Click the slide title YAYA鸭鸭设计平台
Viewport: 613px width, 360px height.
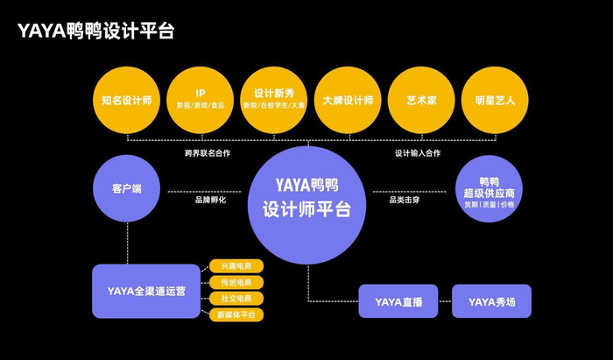pos(96,32)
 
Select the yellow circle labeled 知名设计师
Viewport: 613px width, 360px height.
pos(127,100)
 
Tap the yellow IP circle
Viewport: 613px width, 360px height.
pos(201,100)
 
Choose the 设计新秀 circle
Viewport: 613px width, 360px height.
pos(274,100)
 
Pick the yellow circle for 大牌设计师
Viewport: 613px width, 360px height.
pos(348,100)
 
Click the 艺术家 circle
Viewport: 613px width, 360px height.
pos(421,100)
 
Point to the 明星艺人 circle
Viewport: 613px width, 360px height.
pos(495,100)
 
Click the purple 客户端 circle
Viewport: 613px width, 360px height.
pos(127,189)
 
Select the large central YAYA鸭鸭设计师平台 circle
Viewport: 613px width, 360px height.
pos(306,198)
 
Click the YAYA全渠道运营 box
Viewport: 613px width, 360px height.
pos(146,291)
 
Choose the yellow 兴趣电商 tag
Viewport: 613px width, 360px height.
pos(236,266)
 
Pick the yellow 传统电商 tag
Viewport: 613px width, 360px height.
pos(236,282)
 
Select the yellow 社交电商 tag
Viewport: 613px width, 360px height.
pos(236,298)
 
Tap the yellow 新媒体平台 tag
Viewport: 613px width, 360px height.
pos(236,314)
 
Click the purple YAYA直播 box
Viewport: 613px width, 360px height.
pos(398,301)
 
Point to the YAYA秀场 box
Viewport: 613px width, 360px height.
pos(491,301)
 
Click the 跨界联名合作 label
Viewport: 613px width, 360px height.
pos(208,153)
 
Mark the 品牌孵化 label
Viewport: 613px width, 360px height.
pos(210,200)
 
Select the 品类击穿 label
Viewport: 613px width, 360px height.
pos(405,200)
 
